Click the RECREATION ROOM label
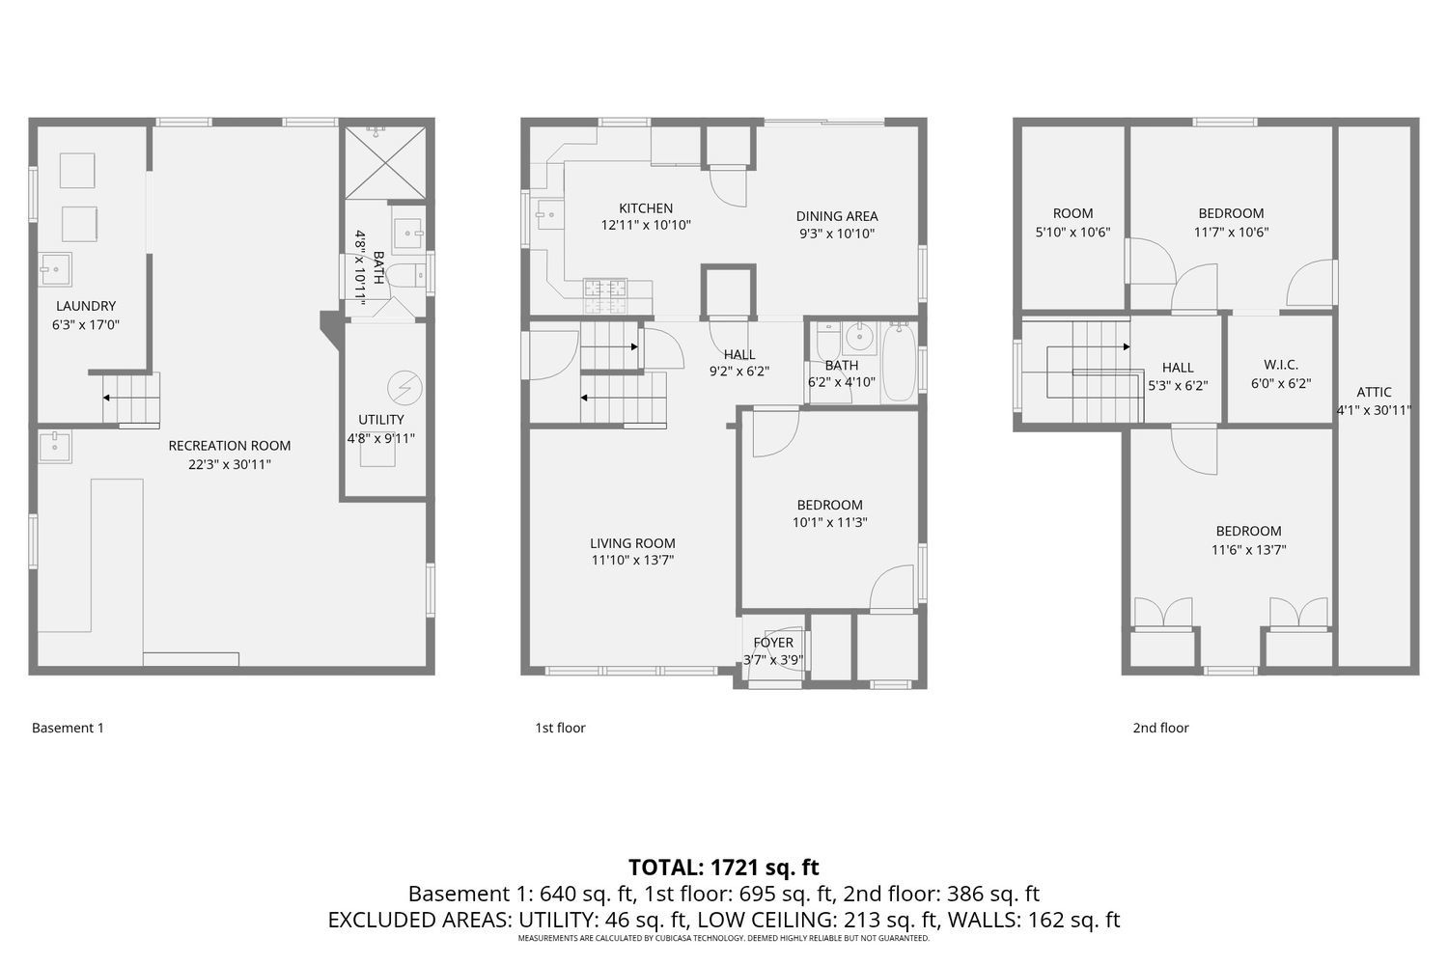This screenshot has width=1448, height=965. click(229, 446)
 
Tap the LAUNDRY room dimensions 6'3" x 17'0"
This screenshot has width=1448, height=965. click(85, 325)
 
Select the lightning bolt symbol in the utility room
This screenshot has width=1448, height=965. click(404, 388)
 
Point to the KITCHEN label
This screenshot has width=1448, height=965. click(646, 208)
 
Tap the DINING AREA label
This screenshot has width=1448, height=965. click(837, 216)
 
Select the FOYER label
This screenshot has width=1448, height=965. click(773, 643)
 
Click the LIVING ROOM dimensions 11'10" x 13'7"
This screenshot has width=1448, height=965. click(632, 560)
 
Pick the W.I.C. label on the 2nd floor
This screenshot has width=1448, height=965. click(1281, 365)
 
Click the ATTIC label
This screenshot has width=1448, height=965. click(1374, 392)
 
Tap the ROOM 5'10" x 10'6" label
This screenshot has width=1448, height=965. click(1072, 214)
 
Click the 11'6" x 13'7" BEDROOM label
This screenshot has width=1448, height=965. click(1248, 531)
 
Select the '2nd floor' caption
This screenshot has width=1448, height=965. click(1160, 728)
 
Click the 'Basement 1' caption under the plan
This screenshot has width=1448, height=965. click(68, 728)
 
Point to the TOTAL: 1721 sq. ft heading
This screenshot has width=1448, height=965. click(723, 867)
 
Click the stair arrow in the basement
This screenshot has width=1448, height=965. click(107, 397)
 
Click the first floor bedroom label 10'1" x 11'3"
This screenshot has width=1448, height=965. click(829, 505)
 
